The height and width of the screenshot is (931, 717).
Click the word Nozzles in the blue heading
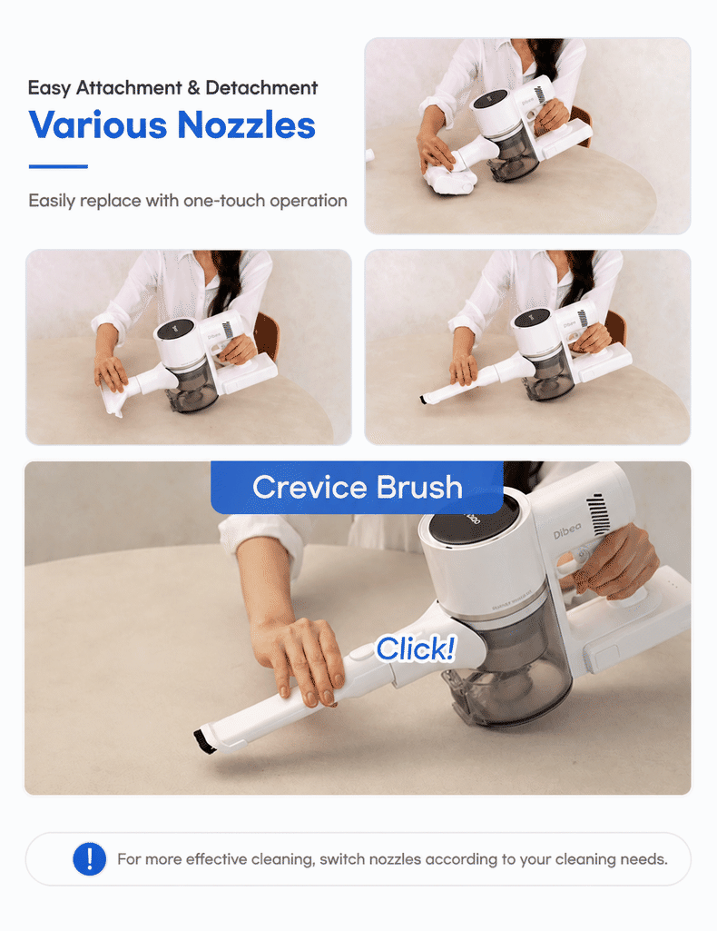246,124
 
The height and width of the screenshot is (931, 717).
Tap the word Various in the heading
98,124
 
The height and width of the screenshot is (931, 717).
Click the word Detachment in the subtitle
261,88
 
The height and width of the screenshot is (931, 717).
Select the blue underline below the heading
58,167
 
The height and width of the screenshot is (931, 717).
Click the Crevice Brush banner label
357,488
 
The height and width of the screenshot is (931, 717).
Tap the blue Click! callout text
416,649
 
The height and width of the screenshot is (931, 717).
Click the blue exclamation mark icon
90,858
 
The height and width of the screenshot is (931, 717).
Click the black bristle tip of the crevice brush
204,742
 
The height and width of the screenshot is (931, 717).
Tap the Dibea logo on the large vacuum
567,530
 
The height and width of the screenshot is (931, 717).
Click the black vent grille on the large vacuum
598,513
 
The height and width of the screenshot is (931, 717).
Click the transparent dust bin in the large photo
515,671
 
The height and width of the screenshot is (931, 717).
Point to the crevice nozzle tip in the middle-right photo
424,400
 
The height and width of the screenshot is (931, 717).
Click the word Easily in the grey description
52,201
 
